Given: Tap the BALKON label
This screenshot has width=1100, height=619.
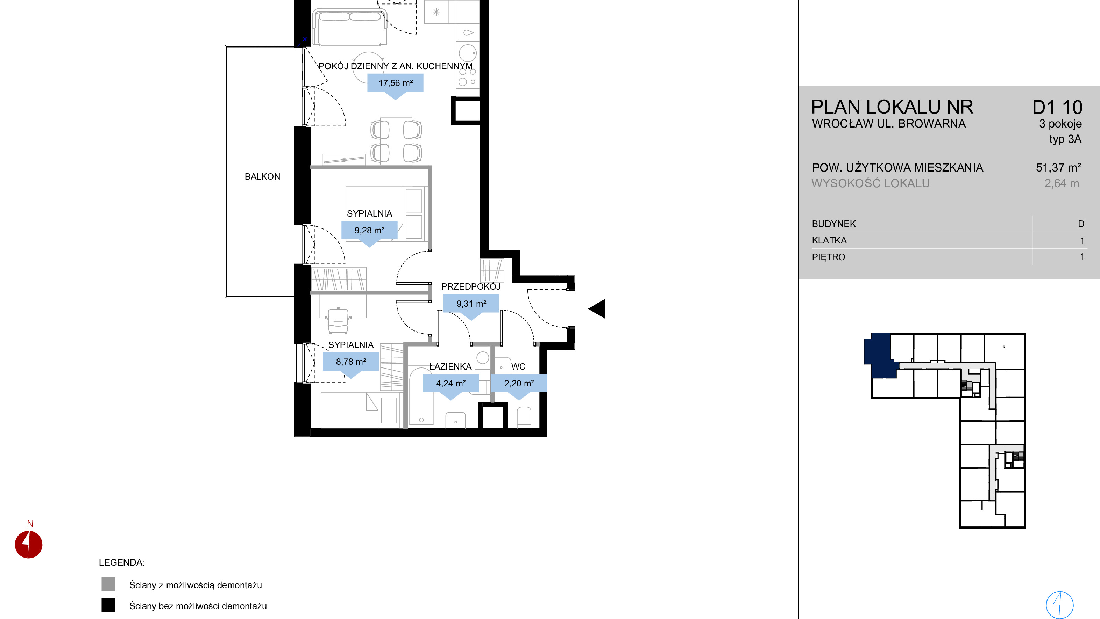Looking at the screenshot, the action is click(x=262, y=177).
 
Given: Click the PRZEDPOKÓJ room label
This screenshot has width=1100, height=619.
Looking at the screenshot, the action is click(x=470, y=287).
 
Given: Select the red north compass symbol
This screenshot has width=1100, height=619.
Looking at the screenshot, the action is click(x=29, y=544).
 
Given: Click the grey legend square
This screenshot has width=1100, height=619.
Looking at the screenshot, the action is click(x=108, y=584).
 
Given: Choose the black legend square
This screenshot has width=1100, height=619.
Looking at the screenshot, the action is click(x=108, y=605).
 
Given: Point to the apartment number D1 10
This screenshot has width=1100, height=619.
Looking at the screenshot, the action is click(x=1057, y=108).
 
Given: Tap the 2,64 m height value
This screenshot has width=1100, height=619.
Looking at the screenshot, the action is click(x=1062, y=183).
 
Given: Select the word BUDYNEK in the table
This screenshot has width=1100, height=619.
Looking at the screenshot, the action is click(x=833, y=224).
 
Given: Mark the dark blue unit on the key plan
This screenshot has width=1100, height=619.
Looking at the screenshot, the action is click(x=880, y=355).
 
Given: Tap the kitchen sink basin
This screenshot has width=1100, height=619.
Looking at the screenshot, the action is click(x=468, y=33).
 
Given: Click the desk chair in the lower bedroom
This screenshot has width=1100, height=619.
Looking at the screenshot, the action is click(x=338, y=320).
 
